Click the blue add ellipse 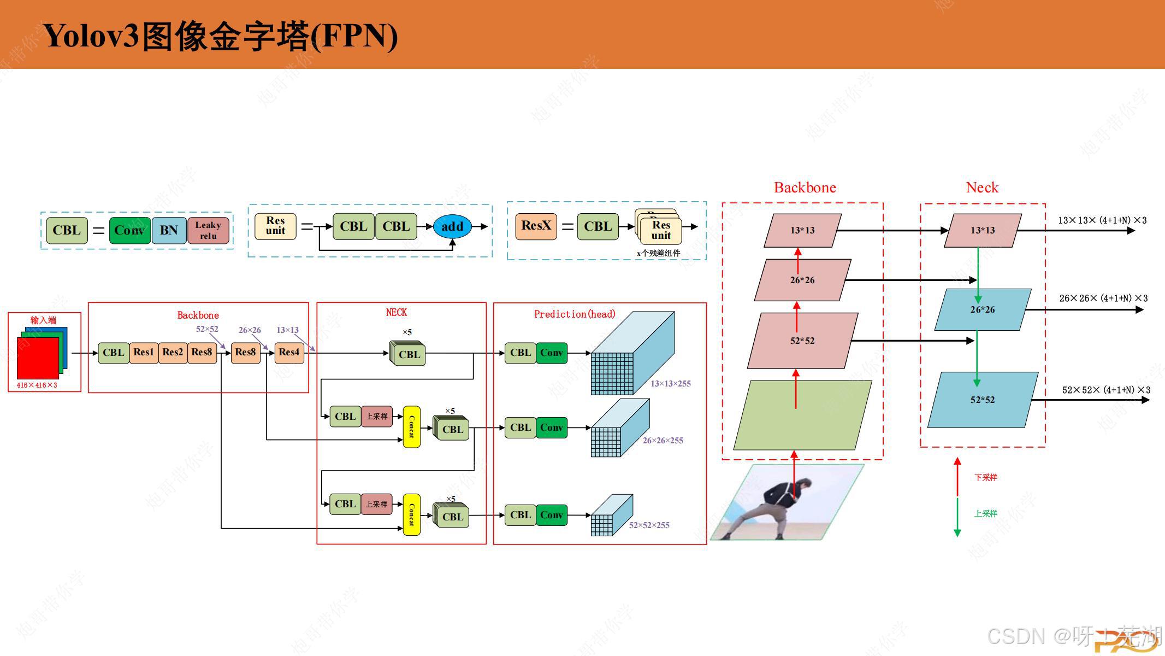(x=452, y=227)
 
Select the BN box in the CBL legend (x=169, y=230)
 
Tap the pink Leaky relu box (x=208, y=230)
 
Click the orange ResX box (x=536, y=226)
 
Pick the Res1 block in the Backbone (x=144, y=353)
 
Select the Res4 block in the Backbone (x=289, y=353)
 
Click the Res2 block (x=173, y=353)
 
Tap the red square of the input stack (x=37, y=358)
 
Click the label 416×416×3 (x=37, y=385)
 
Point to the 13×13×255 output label (x=670, y=384)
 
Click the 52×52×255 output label (x=649, y=525)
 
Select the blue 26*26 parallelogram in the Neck (x=983, y=310)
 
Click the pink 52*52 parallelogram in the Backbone (x=802, y=341)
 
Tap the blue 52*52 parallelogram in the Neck (x=983, y=400)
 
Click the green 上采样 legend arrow (x=957, y=517)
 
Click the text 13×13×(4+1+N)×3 (x=1102, y=220)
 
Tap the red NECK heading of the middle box (x=396, y=312)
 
